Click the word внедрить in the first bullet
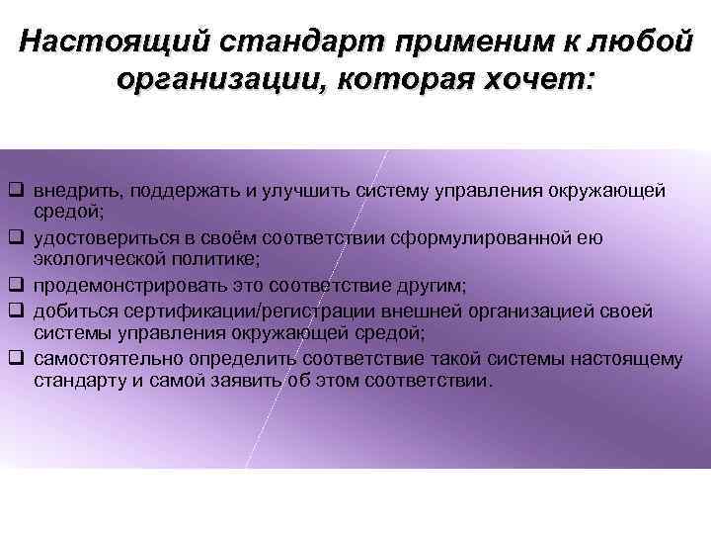point(70,190)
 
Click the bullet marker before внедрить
point(17,190)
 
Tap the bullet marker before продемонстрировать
point(17,286)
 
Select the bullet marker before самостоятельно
point(17,359)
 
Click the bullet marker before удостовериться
point(17,238)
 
